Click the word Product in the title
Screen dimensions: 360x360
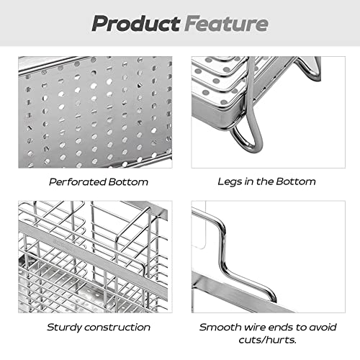click(x=136, y=24)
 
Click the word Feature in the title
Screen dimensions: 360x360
click(x=227, y=23)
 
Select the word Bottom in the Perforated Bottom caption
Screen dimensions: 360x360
click(x=128, y=181)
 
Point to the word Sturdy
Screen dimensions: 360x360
click(x=65, y=328)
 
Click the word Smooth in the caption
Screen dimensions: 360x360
click(x=220, y=327)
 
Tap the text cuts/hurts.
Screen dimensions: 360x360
click(x=267, y=340)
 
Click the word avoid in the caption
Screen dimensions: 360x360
click(x=323, y=327)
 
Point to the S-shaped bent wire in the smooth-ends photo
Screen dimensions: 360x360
click(x=222, y=257)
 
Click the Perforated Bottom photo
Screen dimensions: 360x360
click(x=95, y=112)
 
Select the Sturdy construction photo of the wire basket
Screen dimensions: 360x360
click(x=95, y=257)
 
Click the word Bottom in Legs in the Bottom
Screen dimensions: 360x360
click(x=296, y=181)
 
